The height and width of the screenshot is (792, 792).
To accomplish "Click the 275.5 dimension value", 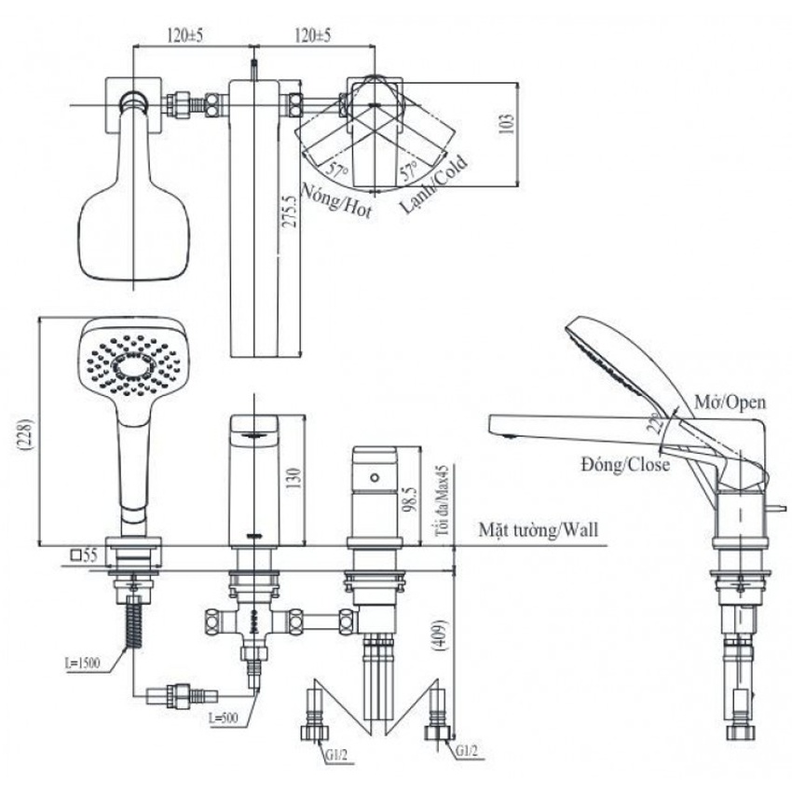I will tap(291, 224).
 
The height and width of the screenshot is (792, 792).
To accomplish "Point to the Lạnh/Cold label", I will tap(433, 182).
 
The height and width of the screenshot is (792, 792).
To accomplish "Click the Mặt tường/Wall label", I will tap(539, 530).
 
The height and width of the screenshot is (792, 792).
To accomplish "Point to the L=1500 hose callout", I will tap(84, 665).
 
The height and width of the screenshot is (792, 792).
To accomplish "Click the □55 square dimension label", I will tap(84, 554).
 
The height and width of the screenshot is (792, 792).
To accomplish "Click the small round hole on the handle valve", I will tap(375, 476).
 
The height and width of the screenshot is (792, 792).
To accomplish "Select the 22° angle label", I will tap(658, 424).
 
